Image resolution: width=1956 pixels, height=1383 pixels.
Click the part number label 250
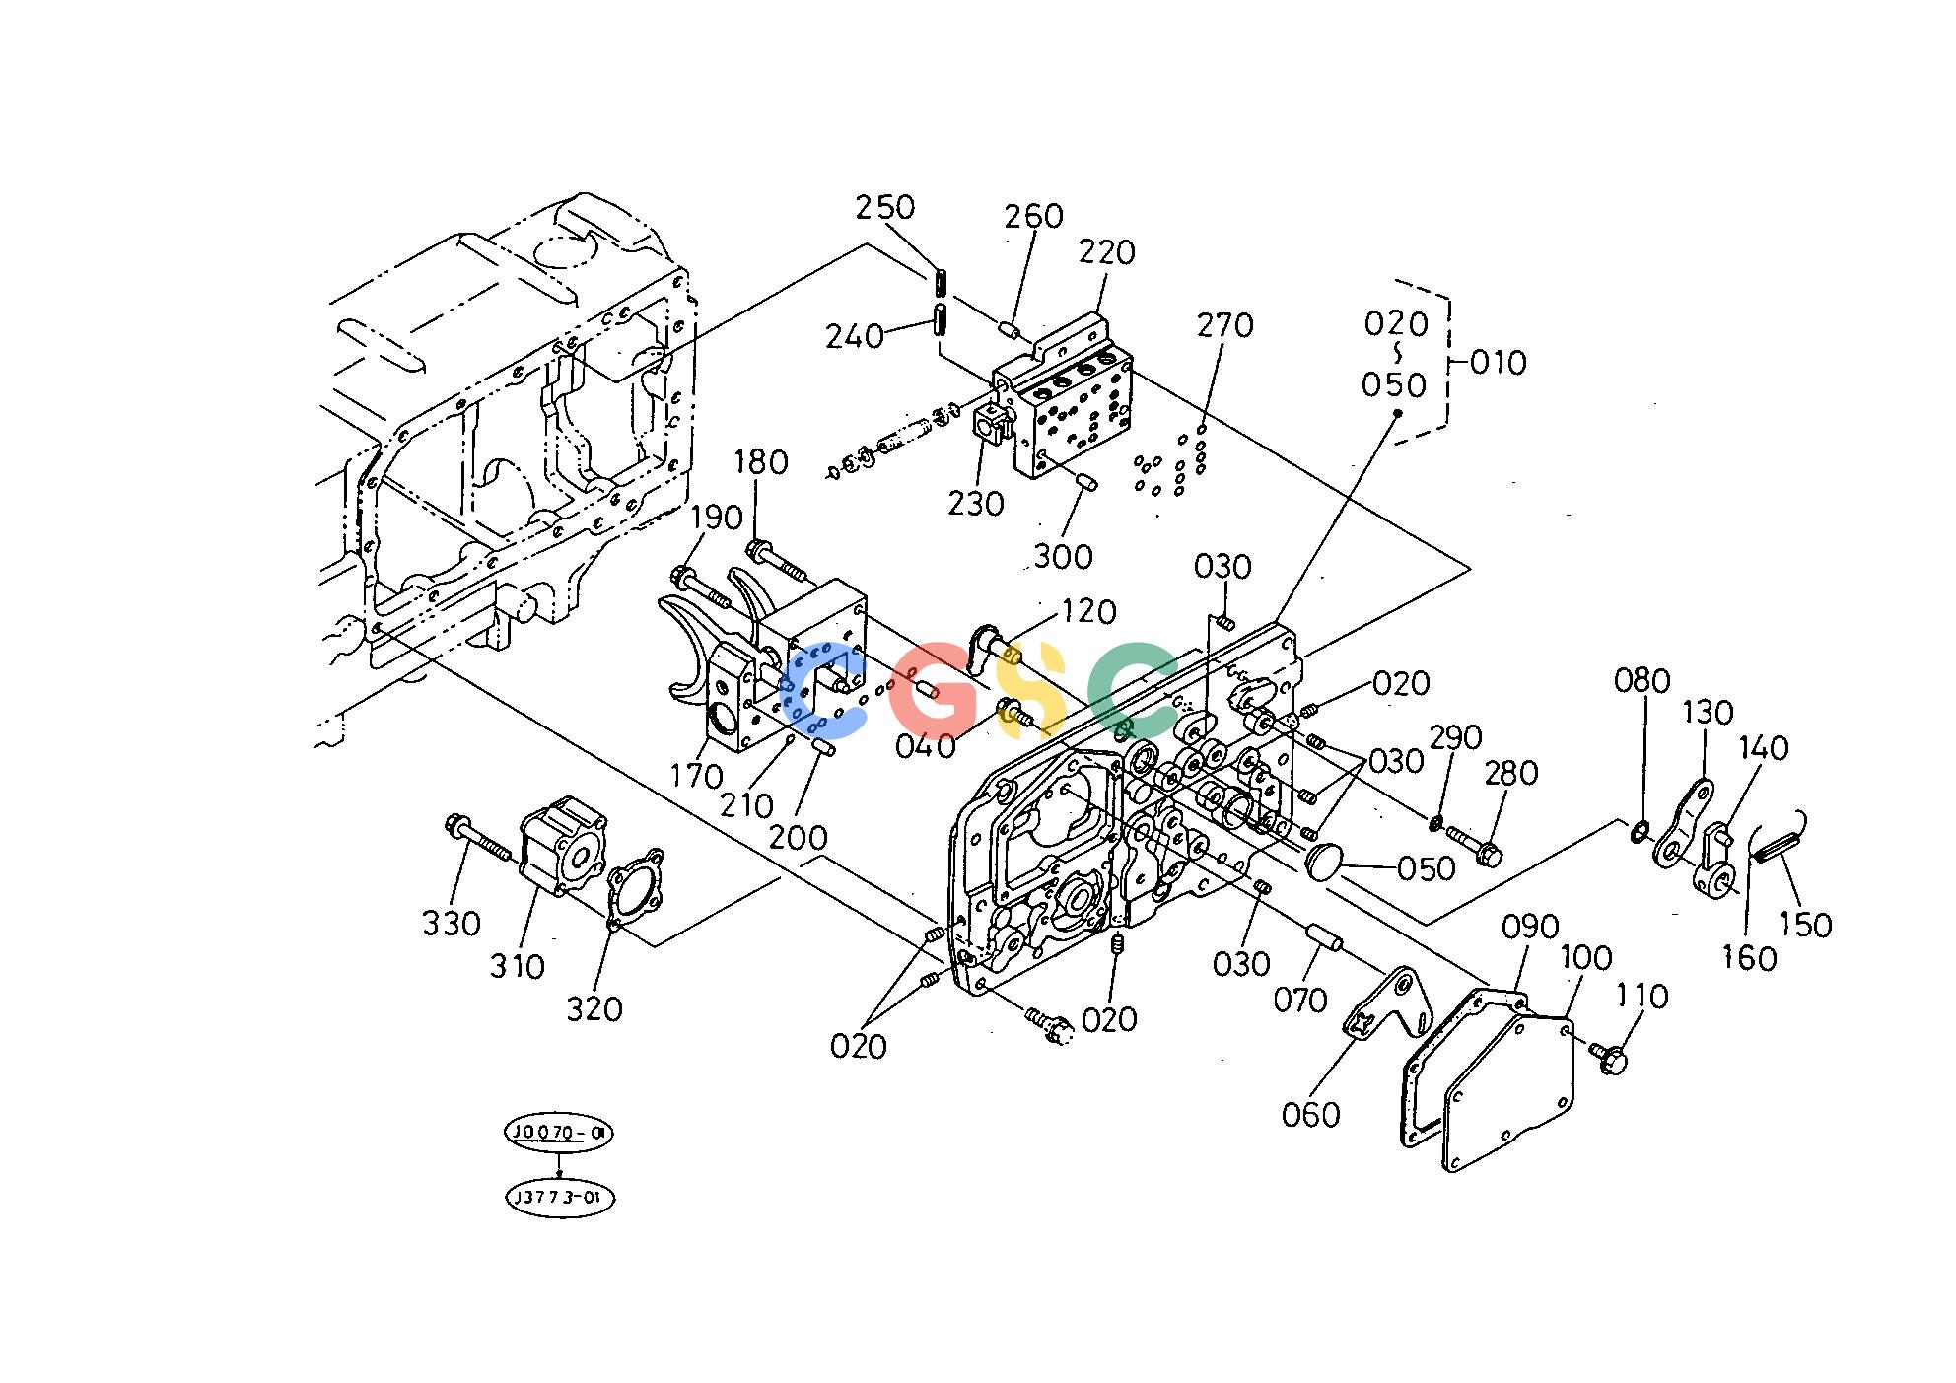coord(884,208)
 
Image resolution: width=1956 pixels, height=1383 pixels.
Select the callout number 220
coord(1106,252)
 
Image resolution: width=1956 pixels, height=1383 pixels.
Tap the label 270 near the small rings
coord(1224,325)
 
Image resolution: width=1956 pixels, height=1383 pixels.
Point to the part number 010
coord(1499,363)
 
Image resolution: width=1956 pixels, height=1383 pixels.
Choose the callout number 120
coord(1088,612)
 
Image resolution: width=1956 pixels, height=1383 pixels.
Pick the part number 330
coord(452,924)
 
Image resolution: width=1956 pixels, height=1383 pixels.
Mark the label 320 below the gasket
coord(594,1009)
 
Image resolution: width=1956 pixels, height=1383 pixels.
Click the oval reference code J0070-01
coord(558,1134)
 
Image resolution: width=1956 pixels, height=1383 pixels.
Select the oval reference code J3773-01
coord(559,1198)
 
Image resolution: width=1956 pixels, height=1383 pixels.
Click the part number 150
coord(1804,925)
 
